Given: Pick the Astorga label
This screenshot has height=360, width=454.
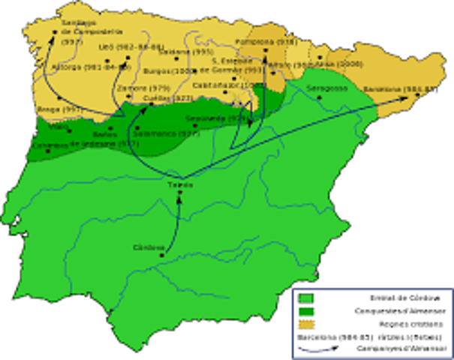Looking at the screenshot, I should (x=73, y=66).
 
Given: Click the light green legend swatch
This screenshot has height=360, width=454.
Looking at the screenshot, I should (x=306, y=298).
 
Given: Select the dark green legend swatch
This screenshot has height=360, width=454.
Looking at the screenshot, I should (x=306, y=311).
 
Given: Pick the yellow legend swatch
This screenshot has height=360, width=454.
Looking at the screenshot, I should (x=306, y=324).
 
